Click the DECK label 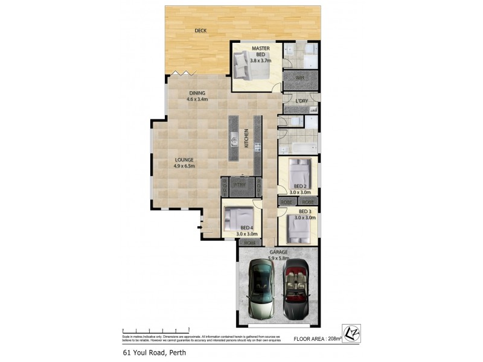(202, 30)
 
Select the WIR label (300, 78)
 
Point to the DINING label (197, 92)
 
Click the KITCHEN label (246, 139)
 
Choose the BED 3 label (305, 211)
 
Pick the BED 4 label (247, 228)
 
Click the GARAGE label (279, 252)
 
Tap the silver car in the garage (261, 288)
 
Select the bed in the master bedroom (249, 65)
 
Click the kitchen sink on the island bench (233, 142)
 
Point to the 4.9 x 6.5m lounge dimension (184, 166)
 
